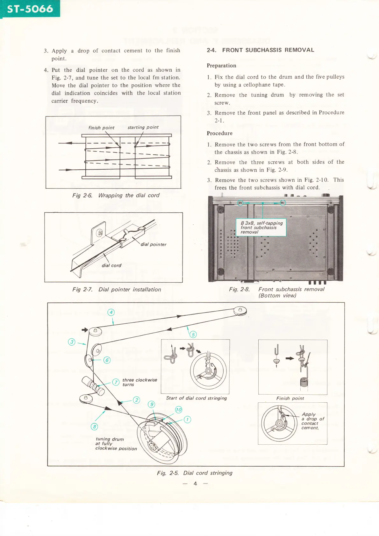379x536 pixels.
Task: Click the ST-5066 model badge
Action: click(30, 9)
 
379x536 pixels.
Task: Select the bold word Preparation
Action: click(221, 66)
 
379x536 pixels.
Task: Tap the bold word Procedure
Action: click(219, 133)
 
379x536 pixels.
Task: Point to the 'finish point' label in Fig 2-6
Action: click(101, 128)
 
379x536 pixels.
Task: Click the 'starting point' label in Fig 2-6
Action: click(143, 127)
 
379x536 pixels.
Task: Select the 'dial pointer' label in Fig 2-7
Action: click(154, 244)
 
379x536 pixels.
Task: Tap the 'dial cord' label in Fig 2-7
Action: click(111, 265)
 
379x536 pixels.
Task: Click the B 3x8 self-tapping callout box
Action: click(261, 227)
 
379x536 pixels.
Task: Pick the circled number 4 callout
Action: click(111, 312)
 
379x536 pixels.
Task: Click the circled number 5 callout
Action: click(193, 334)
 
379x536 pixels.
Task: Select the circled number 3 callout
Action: click(72, 342)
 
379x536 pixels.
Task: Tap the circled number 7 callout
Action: click(116, 382)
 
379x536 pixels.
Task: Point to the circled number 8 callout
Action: click(94, 427)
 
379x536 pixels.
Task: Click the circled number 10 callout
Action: click(179, 410)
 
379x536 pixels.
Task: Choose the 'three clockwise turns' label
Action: click(139, 382)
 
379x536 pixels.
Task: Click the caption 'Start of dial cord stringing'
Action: click(197, 398)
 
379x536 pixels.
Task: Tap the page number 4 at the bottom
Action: click(195, 483)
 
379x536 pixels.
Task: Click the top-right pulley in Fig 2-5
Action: click(240, 310)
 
